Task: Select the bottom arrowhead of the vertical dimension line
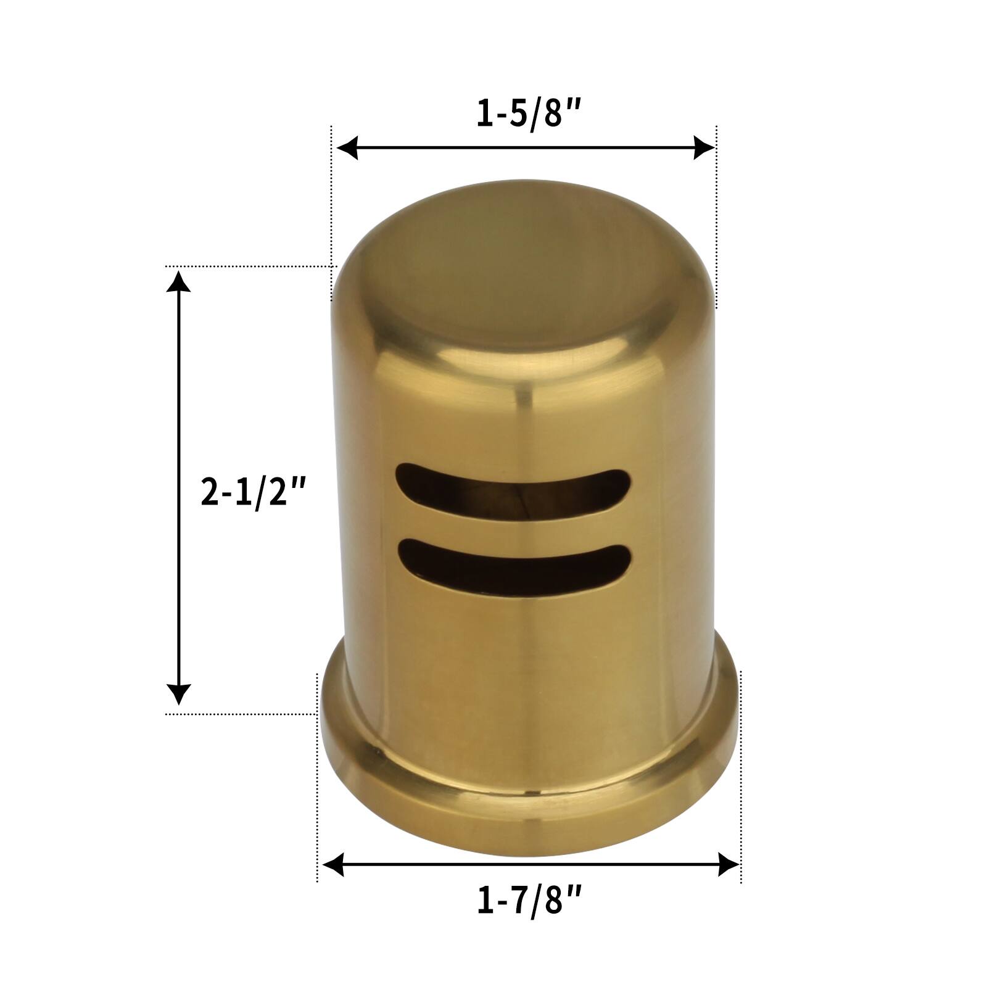click(x=179, y=694)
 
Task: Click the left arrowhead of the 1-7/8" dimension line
click(x=334, y=864)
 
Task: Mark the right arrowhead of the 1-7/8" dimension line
click(x=729, y=864)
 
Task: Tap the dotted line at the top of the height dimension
click(x=247, y=266)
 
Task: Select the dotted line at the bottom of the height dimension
click(x=241, y=714)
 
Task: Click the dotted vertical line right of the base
click(x=740, y=771)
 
